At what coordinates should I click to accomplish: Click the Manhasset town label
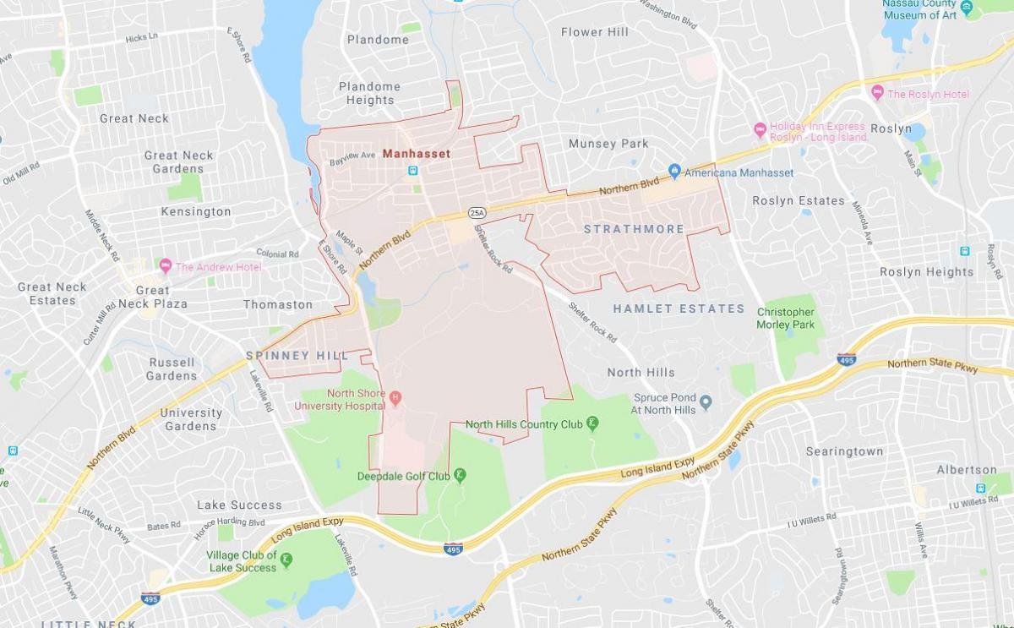(x=416, y=154)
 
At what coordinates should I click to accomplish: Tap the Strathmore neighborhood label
(x=634, y=229)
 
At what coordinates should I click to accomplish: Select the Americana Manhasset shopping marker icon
(x=674, y=172)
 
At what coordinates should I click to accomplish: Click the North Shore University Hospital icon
(x=395, y=395)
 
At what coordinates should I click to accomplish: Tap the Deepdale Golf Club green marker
(x=461, y=476)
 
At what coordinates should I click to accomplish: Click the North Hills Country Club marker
(x=593, y=423)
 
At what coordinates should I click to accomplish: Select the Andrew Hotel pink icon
(x=165, y=266)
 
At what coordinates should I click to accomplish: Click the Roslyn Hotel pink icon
(x=877, y=93)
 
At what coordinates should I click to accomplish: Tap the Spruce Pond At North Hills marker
(x=706, y=401)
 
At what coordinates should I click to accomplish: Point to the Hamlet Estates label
(x=679, y=309)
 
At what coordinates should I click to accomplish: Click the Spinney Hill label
(x=297, y=356)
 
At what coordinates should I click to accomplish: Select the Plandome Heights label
(x=369, y=93)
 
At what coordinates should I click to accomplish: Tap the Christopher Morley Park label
(x=786, y=318)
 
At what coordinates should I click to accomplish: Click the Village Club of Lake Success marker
(x=286, y=560)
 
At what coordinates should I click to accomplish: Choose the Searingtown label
(x=844, y=451)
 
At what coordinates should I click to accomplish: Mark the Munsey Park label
(x=608, y=144)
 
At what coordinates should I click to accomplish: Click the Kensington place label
(x=196, y=211)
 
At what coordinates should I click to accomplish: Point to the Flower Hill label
(x=595, y=32)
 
